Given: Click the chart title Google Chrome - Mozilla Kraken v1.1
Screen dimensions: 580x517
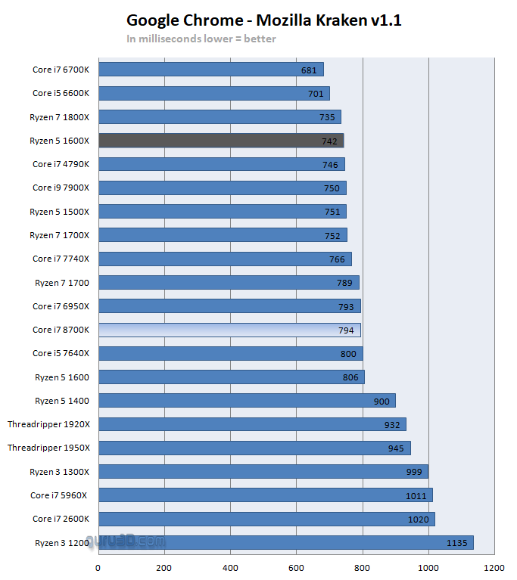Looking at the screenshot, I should pyautogui.click(x=263, y=20).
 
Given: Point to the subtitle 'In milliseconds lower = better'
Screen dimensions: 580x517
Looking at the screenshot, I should pyautogui.click(x=201, y=39).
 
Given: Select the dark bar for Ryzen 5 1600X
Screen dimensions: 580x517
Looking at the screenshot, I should pyautogui.click(x=221, y=141).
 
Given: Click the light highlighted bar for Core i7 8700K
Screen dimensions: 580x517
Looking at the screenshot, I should pyautogui.click(x=229, y=330).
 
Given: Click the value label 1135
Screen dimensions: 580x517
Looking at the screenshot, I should pyautogui.click(x=457, y=543).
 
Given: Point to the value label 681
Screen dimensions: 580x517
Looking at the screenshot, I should pyautogui.click(x=308, y=70).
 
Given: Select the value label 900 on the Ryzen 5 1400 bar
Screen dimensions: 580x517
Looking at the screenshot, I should pyautogui.click(x=382, y=401).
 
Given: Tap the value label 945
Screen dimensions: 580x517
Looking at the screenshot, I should pyautogui.click(x=396, y=448).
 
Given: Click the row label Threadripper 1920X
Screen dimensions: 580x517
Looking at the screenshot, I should pyautogui.click(x=48, y=424).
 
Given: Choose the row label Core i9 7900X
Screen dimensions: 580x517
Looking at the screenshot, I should pyautogui.click(x=61, y=188).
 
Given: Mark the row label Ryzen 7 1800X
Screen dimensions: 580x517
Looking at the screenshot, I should pyautogui.click(x=59, y=116).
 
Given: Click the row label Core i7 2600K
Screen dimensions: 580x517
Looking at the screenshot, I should pyautogui.click(x=61, y=519).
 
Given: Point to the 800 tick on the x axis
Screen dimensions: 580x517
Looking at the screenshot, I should pyautogui.click(x=363, y=567).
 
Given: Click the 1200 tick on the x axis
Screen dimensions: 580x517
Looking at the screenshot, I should pyautogui.click(x=494, y=567).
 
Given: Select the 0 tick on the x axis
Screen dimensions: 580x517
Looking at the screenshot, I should pyautogui.click(x=98, y=567).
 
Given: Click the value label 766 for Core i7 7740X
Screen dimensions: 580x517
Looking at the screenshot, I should pyautogui.click(x=336, y=259).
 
